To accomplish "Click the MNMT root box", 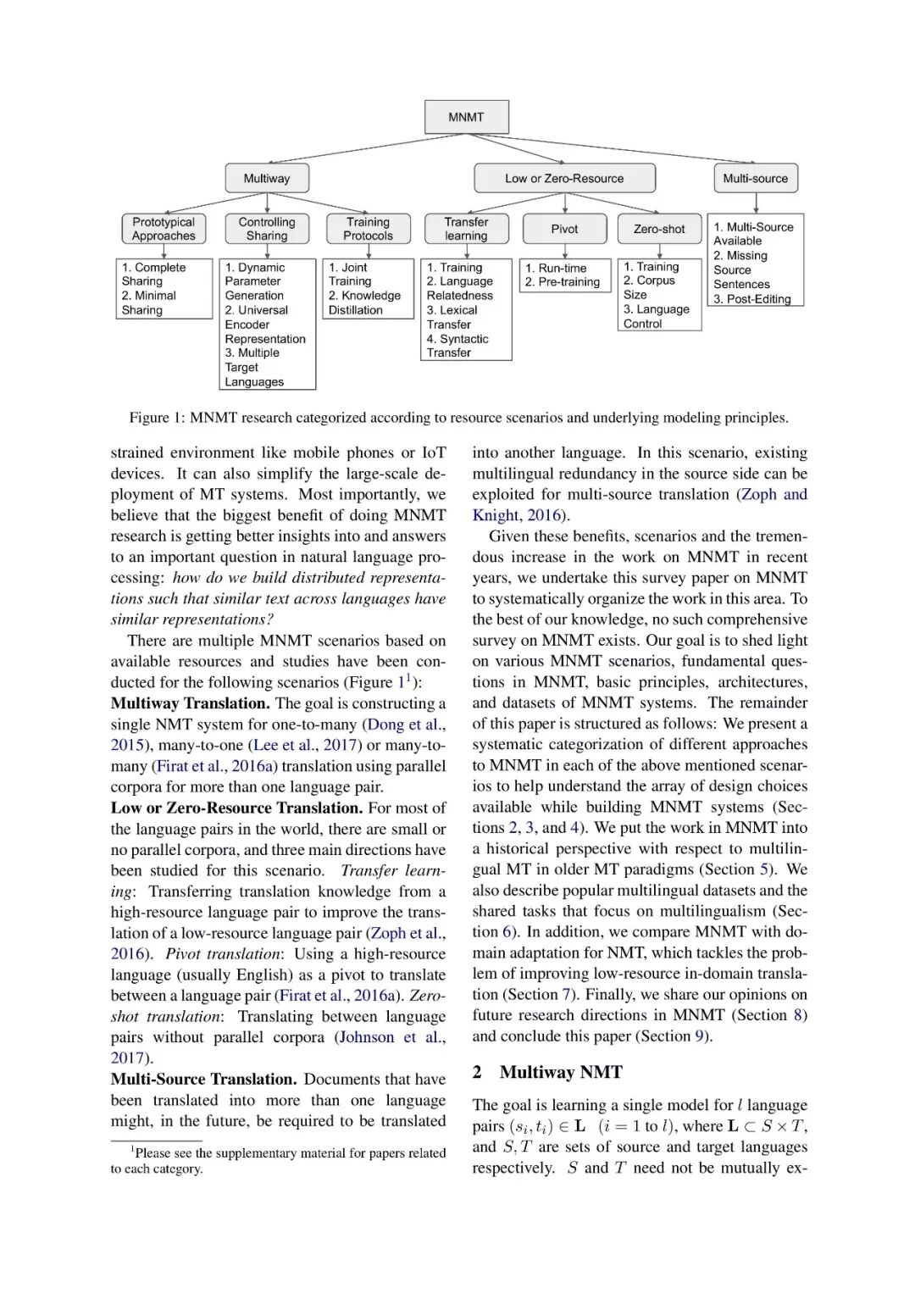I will tap(466, 117).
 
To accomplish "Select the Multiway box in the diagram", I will tap(267, 179).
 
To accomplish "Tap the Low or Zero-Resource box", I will tap(564, 179).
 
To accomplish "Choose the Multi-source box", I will tap(755, 179).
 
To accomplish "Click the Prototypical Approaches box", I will tap(164, 229).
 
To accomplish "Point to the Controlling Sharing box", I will tap(267, 229).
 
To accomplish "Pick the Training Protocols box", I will tap(369, 229).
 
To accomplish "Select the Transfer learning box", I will tap(466, 229).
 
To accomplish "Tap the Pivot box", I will tap(564, 229).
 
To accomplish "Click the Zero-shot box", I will tap(659, 229).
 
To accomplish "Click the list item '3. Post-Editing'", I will tap(752, 299).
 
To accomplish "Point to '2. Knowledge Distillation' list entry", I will tap(364, 303).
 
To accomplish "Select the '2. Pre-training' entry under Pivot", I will tap(563, 282).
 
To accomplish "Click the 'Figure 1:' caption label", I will tap(157, 418).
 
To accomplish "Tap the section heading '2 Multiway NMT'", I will tap(547, 1072).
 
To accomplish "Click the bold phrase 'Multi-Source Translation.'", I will tap(203, 1079).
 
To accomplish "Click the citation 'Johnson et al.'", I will tap(391, 1037).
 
